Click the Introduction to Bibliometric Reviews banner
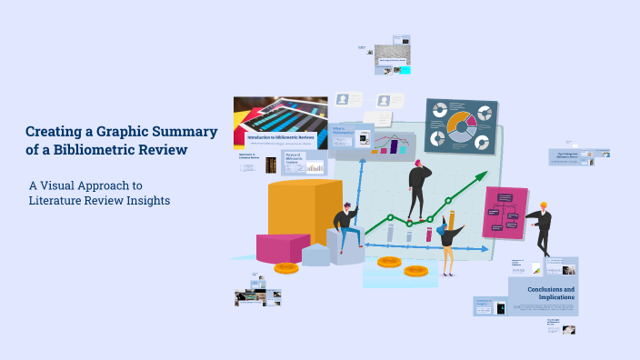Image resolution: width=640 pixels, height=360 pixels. click(282, 138)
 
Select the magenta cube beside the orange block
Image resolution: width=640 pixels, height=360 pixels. click(282, 247)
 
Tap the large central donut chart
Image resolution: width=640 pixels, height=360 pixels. click(462, 125)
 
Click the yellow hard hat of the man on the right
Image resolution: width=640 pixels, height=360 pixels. click(544, 205)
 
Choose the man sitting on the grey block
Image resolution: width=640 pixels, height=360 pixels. click(345, 227)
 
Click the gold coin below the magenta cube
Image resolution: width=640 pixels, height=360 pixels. click(286, 268)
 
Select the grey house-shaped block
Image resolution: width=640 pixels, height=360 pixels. click(316, 254)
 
